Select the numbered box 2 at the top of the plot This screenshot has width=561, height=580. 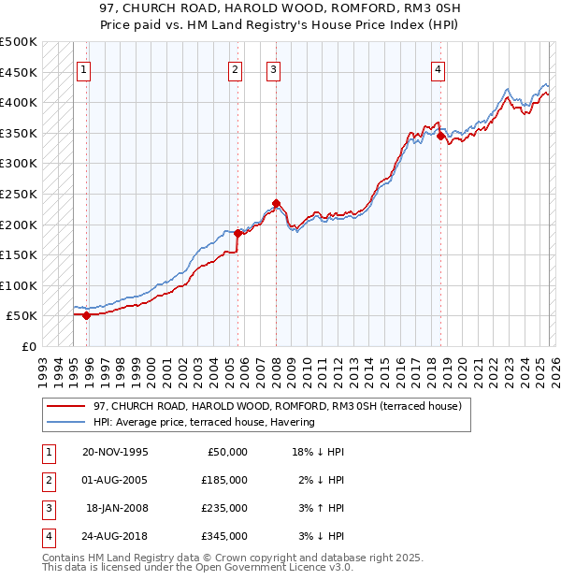235,68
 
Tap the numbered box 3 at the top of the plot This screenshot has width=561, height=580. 273,68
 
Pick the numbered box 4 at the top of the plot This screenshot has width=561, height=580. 438,68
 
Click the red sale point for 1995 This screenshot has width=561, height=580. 86,315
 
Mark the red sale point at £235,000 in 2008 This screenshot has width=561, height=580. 276,202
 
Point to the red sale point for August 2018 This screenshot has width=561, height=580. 440,136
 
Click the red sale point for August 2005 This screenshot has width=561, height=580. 237,233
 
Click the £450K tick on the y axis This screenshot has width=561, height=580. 19,72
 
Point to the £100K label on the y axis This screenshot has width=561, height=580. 19,285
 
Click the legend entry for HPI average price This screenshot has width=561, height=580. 204,422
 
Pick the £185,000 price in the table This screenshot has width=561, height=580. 224,480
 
